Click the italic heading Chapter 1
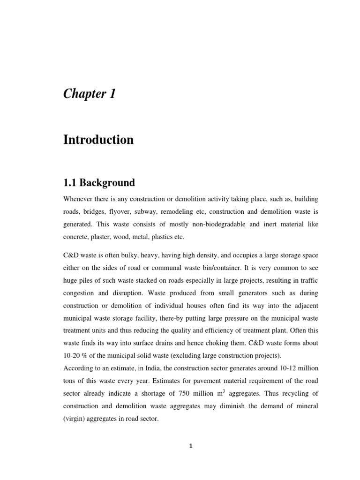click(x=89, y=94)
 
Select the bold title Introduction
click(x=98, y=140)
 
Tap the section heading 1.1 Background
click(x=99, y=183)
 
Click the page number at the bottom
click(x=191, y=446)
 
